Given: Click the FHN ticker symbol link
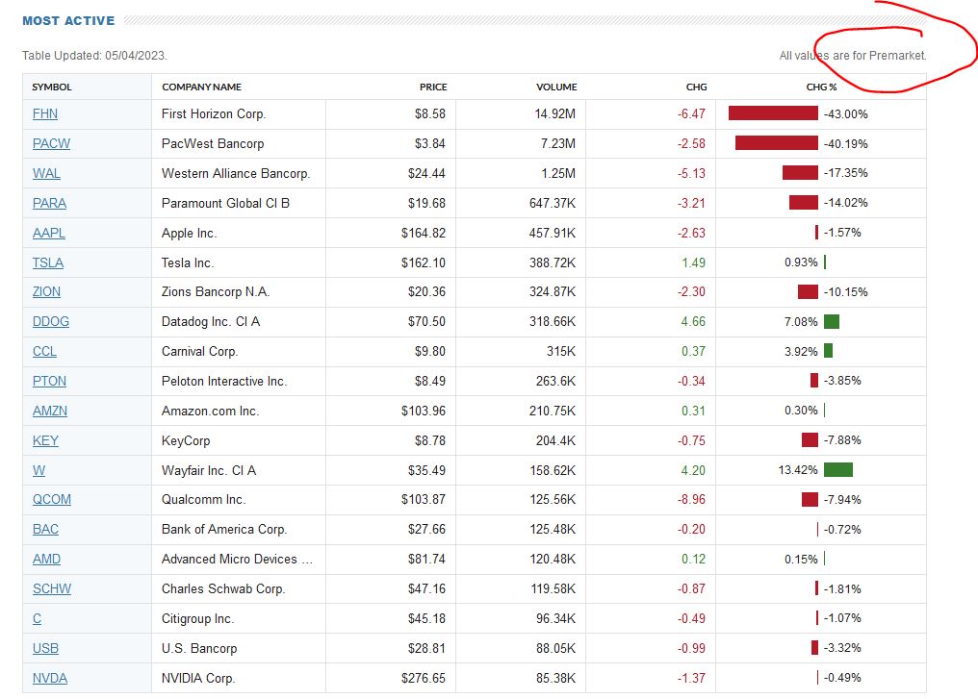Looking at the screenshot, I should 44,113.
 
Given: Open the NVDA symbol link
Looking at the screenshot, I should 49,678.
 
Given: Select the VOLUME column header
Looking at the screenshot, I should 556,87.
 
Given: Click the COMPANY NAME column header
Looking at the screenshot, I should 201,87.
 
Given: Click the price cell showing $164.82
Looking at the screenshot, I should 424,233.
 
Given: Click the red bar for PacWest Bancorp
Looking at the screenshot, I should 776,143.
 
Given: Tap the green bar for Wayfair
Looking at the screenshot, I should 837,470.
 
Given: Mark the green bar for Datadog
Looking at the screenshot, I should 831,321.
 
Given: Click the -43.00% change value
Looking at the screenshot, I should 846,113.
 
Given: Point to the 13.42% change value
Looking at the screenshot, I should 800,470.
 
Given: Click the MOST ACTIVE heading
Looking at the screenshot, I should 68,20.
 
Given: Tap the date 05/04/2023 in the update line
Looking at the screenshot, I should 135,56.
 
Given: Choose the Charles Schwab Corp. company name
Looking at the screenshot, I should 222,588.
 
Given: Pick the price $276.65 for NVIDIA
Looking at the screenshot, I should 424,678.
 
